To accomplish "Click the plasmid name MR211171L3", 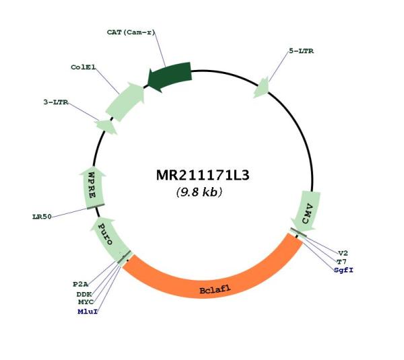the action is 203,176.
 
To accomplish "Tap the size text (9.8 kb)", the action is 199,192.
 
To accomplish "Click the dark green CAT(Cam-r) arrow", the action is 170,76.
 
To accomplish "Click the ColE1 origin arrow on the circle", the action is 125,102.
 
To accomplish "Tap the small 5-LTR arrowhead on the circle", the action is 261,87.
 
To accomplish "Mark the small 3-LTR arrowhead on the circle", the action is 106,127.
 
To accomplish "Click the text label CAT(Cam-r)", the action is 131,32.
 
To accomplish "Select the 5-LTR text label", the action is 301,51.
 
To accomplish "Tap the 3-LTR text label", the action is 56,102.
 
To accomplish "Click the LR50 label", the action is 42,217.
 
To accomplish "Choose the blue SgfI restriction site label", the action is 343,270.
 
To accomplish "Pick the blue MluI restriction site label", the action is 88,312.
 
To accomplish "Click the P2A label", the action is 80,284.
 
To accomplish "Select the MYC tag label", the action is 86,301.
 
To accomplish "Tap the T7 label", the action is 342,262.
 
